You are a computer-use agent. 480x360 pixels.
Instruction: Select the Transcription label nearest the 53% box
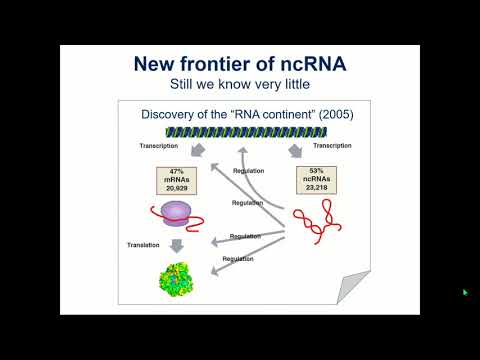(334, 146)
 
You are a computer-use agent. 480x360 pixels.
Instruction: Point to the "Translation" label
(144, 244)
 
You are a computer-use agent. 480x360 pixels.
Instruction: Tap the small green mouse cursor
(465, 292)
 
